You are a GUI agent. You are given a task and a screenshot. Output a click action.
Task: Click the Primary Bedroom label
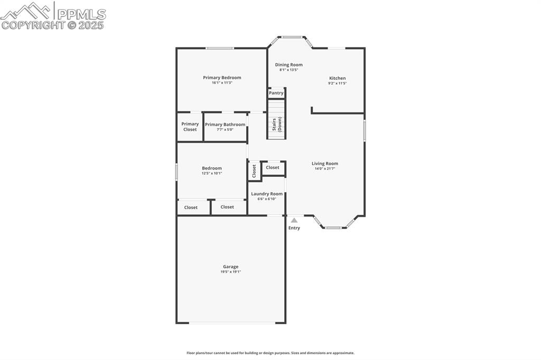222,78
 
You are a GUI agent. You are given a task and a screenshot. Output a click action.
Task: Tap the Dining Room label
289,65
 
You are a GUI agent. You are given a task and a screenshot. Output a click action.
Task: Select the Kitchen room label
338,78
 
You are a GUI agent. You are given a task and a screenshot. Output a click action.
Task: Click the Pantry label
276,93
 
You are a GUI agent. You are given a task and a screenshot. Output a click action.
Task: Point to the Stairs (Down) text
277,124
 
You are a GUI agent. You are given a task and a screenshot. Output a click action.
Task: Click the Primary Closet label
190,127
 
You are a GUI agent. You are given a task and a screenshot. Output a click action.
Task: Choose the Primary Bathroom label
225,125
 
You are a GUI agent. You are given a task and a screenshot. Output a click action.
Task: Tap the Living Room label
324,164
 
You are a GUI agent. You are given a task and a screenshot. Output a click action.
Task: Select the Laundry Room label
267,194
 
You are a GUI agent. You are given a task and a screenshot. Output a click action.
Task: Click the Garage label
230,267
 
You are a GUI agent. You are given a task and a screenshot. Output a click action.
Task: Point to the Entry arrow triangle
294,220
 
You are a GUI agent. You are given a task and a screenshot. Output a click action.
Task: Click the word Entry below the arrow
294,228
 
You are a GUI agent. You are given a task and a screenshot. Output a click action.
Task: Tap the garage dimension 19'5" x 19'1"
230,272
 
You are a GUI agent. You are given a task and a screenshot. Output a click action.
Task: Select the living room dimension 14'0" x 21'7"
324,168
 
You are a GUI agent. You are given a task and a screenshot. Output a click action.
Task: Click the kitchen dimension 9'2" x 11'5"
338,83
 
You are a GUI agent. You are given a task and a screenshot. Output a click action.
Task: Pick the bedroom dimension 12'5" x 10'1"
212,173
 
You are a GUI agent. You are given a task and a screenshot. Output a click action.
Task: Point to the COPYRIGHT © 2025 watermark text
53,25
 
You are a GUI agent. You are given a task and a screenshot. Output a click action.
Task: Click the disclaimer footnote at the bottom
270,353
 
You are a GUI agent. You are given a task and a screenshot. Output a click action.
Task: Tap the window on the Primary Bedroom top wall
220,49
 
